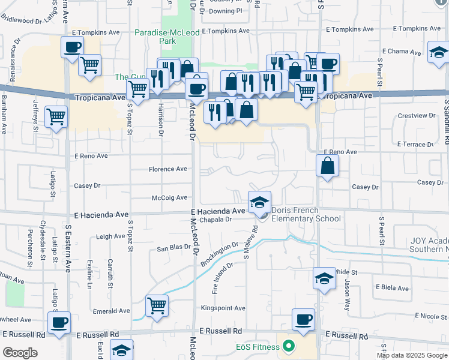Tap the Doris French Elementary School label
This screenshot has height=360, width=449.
(x=306, y=214)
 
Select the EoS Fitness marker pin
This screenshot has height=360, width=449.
(x=289, y=346)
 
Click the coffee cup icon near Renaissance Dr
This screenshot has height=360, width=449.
(x=72, y=46)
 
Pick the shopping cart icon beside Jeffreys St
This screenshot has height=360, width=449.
(x=56, y=117)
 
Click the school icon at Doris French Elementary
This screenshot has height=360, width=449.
(x=259, y=202)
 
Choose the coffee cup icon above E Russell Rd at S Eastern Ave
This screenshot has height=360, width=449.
(x=59, y=322)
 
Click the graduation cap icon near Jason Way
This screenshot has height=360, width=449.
(x=324, y=278)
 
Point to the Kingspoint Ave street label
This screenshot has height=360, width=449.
(x=223, y=308)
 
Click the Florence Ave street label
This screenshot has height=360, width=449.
(x=168, y=169)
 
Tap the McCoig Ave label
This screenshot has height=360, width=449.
(x=170, y=197)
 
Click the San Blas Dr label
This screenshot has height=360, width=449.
(x=173, y=248)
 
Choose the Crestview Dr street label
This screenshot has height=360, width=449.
(x=416, y=115)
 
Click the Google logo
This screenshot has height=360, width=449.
(x=20, y=353)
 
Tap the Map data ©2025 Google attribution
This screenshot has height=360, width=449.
(x=411, y=355)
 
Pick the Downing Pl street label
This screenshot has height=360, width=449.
(x=226, y=11)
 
